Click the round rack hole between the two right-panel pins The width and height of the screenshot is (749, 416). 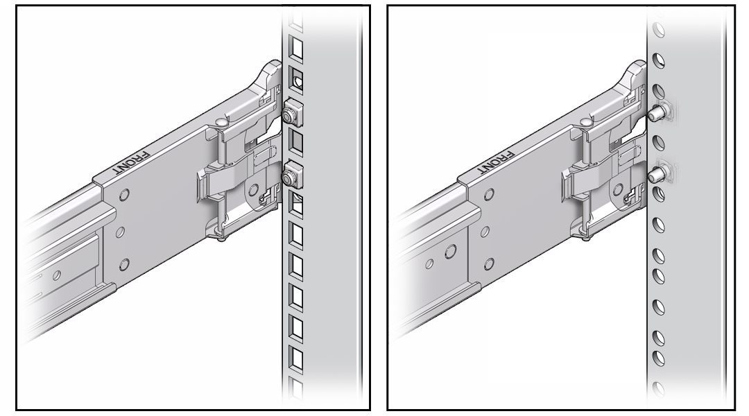point(660,144)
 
